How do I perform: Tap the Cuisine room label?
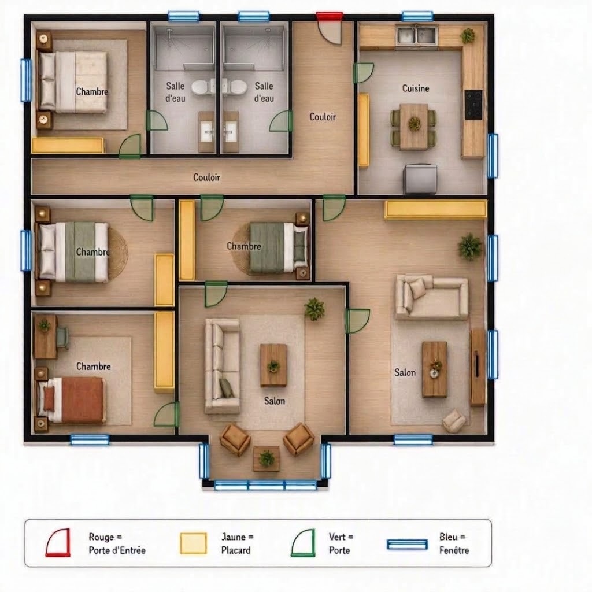(416, 88)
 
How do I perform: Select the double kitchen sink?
(417, 35)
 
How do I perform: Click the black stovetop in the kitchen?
(473, 105)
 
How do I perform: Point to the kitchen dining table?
(414, 126)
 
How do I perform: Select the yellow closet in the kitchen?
(364, 130)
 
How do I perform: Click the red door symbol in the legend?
(58, 542)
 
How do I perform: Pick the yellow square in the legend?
(194, 543)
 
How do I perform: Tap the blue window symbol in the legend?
(408, 545)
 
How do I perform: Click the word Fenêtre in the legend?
(454, 550)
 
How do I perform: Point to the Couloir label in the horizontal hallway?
(206, 177)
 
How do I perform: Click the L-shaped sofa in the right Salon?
(432, 297)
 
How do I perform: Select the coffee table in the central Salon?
(273, 365)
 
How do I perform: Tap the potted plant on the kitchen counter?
(467, 35)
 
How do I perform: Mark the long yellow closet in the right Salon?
(436, 209)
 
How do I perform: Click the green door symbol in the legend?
(303, 543)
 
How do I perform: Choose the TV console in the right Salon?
(478, 367)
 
